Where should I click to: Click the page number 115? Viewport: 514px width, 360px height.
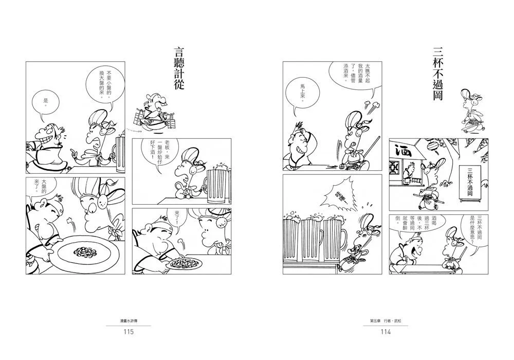click(128, 332)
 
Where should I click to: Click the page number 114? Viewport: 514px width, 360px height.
click(385, 332)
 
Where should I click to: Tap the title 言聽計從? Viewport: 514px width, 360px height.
click(179, 68)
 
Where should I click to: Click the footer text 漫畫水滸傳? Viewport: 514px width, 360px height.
click(128, 321)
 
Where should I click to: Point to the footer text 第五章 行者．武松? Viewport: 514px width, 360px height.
click(385, 321)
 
